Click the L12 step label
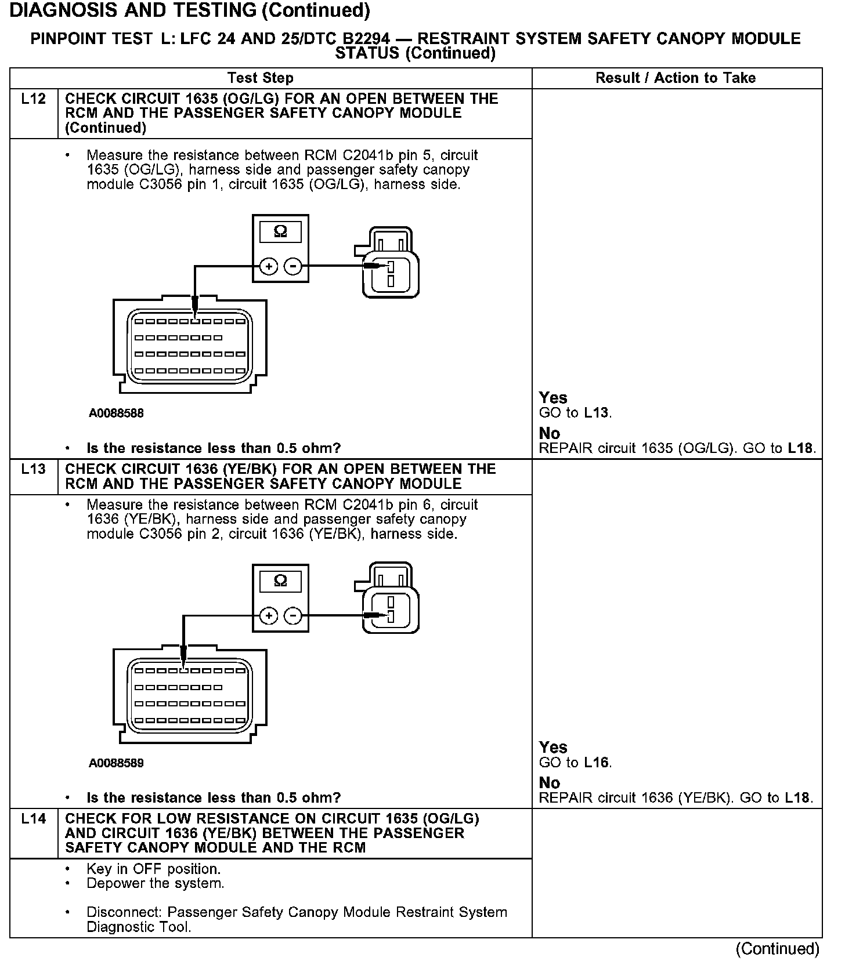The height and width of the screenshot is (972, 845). [33, 99]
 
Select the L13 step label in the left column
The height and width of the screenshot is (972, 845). [33, 469]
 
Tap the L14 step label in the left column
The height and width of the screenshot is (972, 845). [33, 819]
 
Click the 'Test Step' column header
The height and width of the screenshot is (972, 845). [261, 78]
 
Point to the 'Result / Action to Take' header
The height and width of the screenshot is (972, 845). [676, 78]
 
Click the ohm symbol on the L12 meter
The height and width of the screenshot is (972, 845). [280, 233]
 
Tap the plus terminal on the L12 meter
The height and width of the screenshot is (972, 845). [268, 267]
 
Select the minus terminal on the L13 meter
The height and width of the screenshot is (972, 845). [294, 616]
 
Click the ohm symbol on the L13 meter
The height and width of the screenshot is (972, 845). [280, 582]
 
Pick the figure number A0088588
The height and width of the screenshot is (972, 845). [116, 414]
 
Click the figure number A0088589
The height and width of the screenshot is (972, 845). [116, 763]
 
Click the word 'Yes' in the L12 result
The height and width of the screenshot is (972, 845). [552, 398]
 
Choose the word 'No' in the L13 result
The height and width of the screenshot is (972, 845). [549, 783]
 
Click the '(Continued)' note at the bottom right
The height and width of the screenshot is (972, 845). [777, 949]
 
